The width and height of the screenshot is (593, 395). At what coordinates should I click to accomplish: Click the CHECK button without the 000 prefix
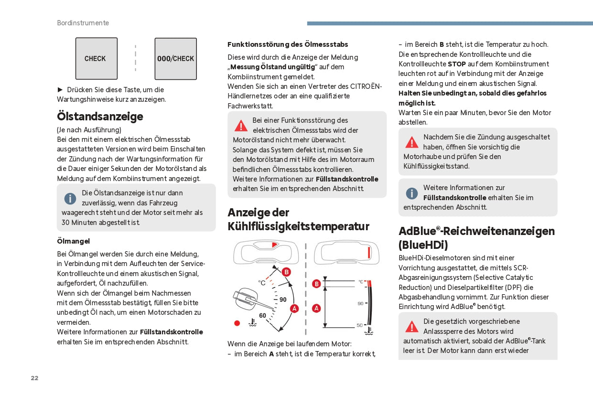coord(96,59)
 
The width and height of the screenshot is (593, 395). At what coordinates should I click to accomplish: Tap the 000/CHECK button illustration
coord(175,59)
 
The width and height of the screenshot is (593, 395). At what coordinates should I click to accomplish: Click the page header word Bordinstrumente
coord(83,23)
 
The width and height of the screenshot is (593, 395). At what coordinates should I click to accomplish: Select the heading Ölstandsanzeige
coord(100,116)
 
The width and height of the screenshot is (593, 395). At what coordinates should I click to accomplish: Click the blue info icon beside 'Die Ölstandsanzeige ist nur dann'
coord(70,198)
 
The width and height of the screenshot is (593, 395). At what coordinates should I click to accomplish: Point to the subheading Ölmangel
coord(73,241)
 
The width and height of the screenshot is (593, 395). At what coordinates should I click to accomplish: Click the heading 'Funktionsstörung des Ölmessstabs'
coord(288,44)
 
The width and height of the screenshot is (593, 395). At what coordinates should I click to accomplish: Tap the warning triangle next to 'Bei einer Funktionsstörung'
coord(241,126)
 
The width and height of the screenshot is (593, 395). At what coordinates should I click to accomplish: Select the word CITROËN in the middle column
coord(366,86)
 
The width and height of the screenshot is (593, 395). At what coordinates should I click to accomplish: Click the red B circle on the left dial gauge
coord(286,272)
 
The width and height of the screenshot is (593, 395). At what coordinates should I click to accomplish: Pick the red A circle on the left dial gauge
coord(294,309)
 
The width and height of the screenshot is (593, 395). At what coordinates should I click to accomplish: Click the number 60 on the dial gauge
coord(263,315)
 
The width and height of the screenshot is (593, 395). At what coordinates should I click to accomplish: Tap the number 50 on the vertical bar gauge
coord(360,325)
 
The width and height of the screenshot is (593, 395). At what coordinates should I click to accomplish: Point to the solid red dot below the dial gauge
coord(237,323)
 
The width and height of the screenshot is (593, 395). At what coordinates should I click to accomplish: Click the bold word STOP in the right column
coord(457,64)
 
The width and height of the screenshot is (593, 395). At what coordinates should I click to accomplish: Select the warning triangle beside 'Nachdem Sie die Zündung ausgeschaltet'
coord(411,142)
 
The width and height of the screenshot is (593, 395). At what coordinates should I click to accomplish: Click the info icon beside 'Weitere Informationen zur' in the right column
coord(411,193)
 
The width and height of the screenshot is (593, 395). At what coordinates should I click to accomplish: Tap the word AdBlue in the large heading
coord(417,231)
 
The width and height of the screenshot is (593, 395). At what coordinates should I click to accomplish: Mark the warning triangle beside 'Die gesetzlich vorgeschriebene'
coord(411,327)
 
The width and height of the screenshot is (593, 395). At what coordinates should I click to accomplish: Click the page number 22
coord(34,378)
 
